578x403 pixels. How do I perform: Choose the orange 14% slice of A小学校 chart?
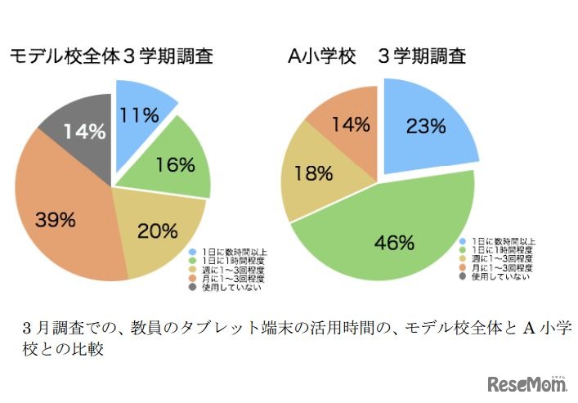pos(342,123)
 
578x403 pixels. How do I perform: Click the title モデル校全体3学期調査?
pos(111,56)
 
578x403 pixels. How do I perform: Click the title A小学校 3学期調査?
pos(377,56)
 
